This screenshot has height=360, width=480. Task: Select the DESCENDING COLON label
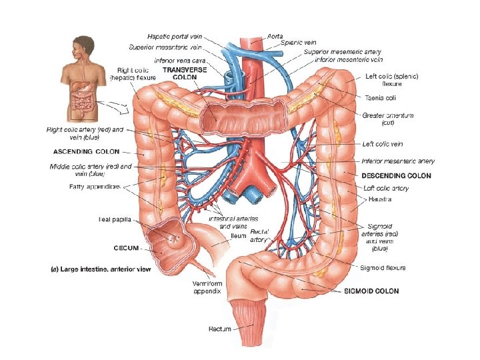pos(396,175)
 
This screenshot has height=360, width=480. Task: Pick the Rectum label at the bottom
pos(220,328)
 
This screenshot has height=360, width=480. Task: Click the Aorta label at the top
pos(275,35)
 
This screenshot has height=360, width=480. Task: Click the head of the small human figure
pos(79,44)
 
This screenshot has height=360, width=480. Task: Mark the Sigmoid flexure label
pos(382,268)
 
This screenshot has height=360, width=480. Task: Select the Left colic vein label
pos(382,143)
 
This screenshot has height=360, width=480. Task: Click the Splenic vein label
pos(297,42)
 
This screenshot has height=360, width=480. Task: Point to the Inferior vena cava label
pos(180,60)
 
